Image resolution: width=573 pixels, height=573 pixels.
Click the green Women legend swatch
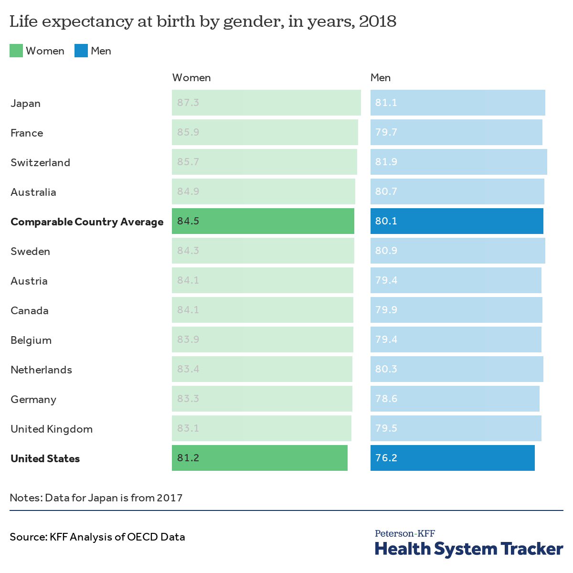click(16, 51)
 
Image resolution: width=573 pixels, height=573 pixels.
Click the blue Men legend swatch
click(81, 51)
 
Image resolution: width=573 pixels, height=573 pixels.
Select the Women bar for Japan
click(266, 103)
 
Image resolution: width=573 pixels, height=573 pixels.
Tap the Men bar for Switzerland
click(458, 162)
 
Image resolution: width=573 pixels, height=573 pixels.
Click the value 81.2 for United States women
click(188, 458)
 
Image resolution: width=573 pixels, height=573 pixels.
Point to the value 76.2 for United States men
click(386, 458)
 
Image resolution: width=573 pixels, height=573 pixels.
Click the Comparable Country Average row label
click(87, 222)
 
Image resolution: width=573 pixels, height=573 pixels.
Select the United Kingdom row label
click(52, 429)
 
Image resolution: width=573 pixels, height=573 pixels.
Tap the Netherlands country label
click(41, 370)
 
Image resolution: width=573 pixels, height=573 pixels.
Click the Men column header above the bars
click(381, 78)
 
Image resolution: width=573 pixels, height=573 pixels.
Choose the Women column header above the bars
click(191, 78)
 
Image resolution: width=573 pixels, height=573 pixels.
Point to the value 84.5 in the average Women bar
click(188, 221)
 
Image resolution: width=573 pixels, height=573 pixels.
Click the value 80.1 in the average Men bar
click(386, 221)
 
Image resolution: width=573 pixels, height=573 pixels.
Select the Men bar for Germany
click(455, 399)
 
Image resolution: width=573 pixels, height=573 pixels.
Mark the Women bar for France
click(265, 132)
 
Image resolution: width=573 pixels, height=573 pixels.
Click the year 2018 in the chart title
click(377, 21)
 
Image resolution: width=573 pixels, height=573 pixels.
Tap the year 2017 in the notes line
click(170, 498)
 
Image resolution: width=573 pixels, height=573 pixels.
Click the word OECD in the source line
click(142, 537)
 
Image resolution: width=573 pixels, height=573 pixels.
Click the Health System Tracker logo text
click(469, 549)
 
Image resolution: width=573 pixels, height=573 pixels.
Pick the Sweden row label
click(30, 251)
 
